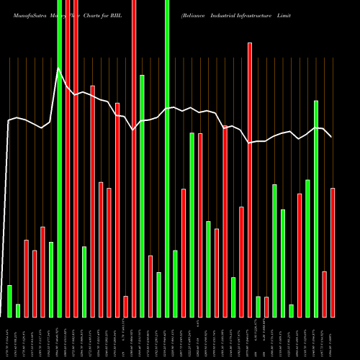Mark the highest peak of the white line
(x=58, y=68)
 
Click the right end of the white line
(x=332, y=137)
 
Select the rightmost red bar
(x=333, y=252)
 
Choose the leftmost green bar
(x=9, y=301)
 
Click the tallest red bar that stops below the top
(x=250, y=180)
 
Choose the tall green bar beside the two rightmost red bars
(x=316, y=209)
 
